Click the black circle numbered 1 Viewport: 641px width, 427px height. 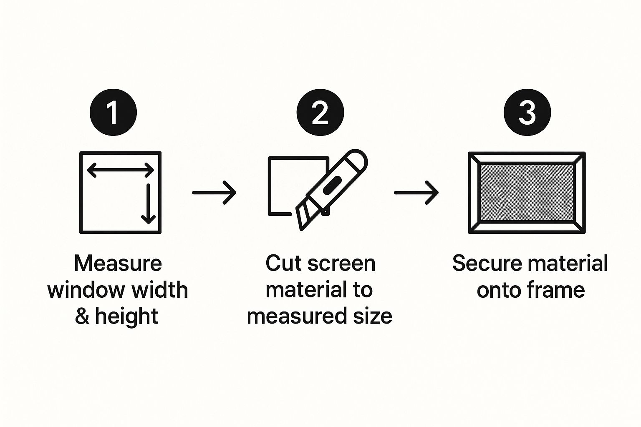tap(114, 113)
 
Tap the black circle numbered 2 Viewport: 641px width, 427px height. tap(320, 113)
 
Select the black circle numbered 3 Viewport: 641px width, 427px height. tap(527, 113)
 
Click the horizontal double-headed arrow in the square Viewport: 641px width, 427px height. tap(121, 171)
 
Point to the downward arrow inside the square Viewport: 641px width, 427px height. tap(148, 203)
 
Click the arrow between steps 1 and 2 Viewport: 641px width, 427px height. tap(215, 193)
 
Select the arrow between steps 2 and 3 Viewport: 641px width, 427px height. tap(416, 193)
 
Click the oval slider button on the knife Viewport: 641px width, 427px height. tap(332, 185)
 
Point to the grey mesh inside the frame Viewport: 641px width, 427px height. tap(527, 193)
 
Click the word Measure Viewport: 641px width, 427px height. tap(118, 264)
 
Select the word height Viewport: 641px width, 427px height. tap(126, 316)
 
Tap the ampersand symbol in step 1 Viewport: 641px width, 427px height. tap(82, 316)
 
